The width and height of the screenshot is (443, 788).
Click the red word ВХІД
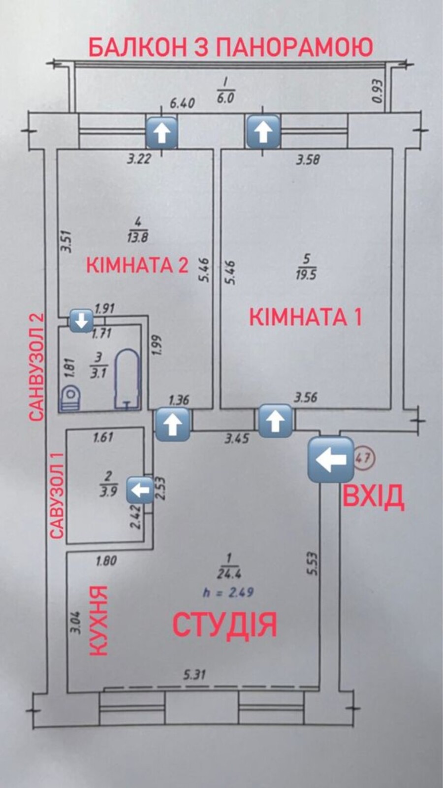[373, 496]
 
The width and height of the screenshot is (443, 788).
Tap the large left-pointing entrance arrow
[330, 460]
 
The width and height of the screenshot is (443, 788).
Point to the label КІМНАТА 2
[137, 265]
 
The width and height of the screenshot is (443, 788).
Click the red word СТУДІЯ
[224, 624]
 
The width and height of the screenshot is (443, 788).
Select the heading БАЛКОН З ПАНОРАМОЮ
[230, 48]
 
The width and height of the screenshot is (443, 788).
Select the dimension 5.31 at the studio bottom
[194, 674]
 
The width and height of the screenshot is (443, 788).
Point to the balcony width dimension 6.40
[182, 103]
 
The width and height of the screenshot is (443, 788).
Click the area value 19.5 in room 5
[306, 274]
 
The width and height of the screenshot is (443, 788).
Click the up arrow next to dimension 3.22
[162, 133]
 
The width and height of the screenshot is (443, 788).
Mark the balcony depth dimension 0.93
[378, 91]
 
